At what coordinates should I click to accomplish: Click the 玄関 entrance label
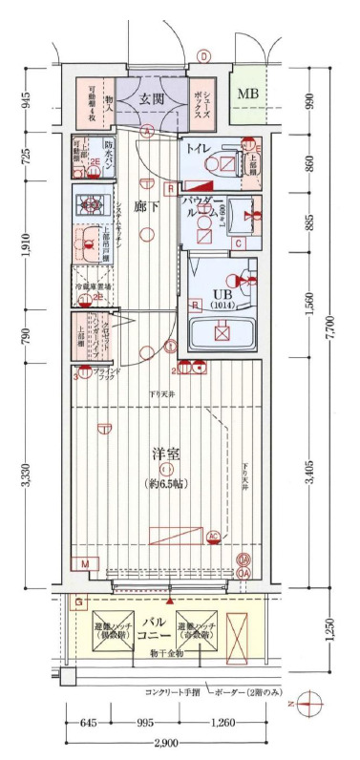click(152, 98)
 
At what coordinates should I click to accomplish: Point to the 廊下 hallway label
click(143, 204)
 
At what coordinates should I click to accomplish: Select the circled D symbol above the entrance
click(204, 56)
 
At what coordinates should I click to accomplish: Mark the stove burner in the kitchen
click(94, 203)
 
